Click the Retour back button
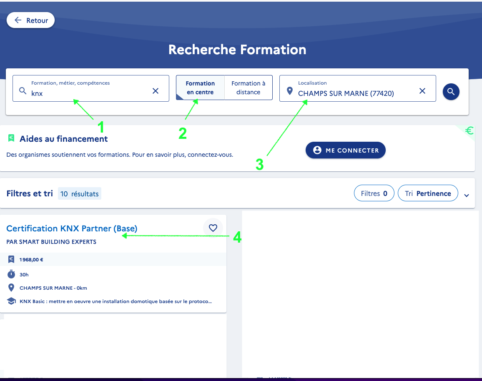click(31, 20)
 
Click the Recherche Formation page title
click(237, 50)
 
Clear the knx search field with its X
click(156, 91)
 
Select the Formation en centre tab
click(200, 88)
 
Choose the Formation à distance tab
click(249, 88)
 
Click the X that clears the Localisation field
click(422, 91)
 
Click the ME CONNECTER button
click(346, 150)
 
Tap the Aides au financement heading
click(64, 139)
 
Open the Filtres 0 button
click(374, 193)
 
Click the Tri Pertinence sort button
click(428, 193)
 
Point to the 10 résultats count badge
click(80, 194)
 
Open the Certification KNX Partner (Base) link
click(72, 228)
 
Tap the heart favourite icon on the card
click(213, 228)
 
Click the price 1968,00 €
click(31, 260)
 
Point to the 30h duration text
click(24, 275)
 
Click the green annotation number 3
click(260, 165)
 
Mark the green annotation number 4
click(237, 237)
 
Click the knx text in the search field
click(37, 93)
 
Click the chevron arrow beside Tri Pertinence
click(467, 196)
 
